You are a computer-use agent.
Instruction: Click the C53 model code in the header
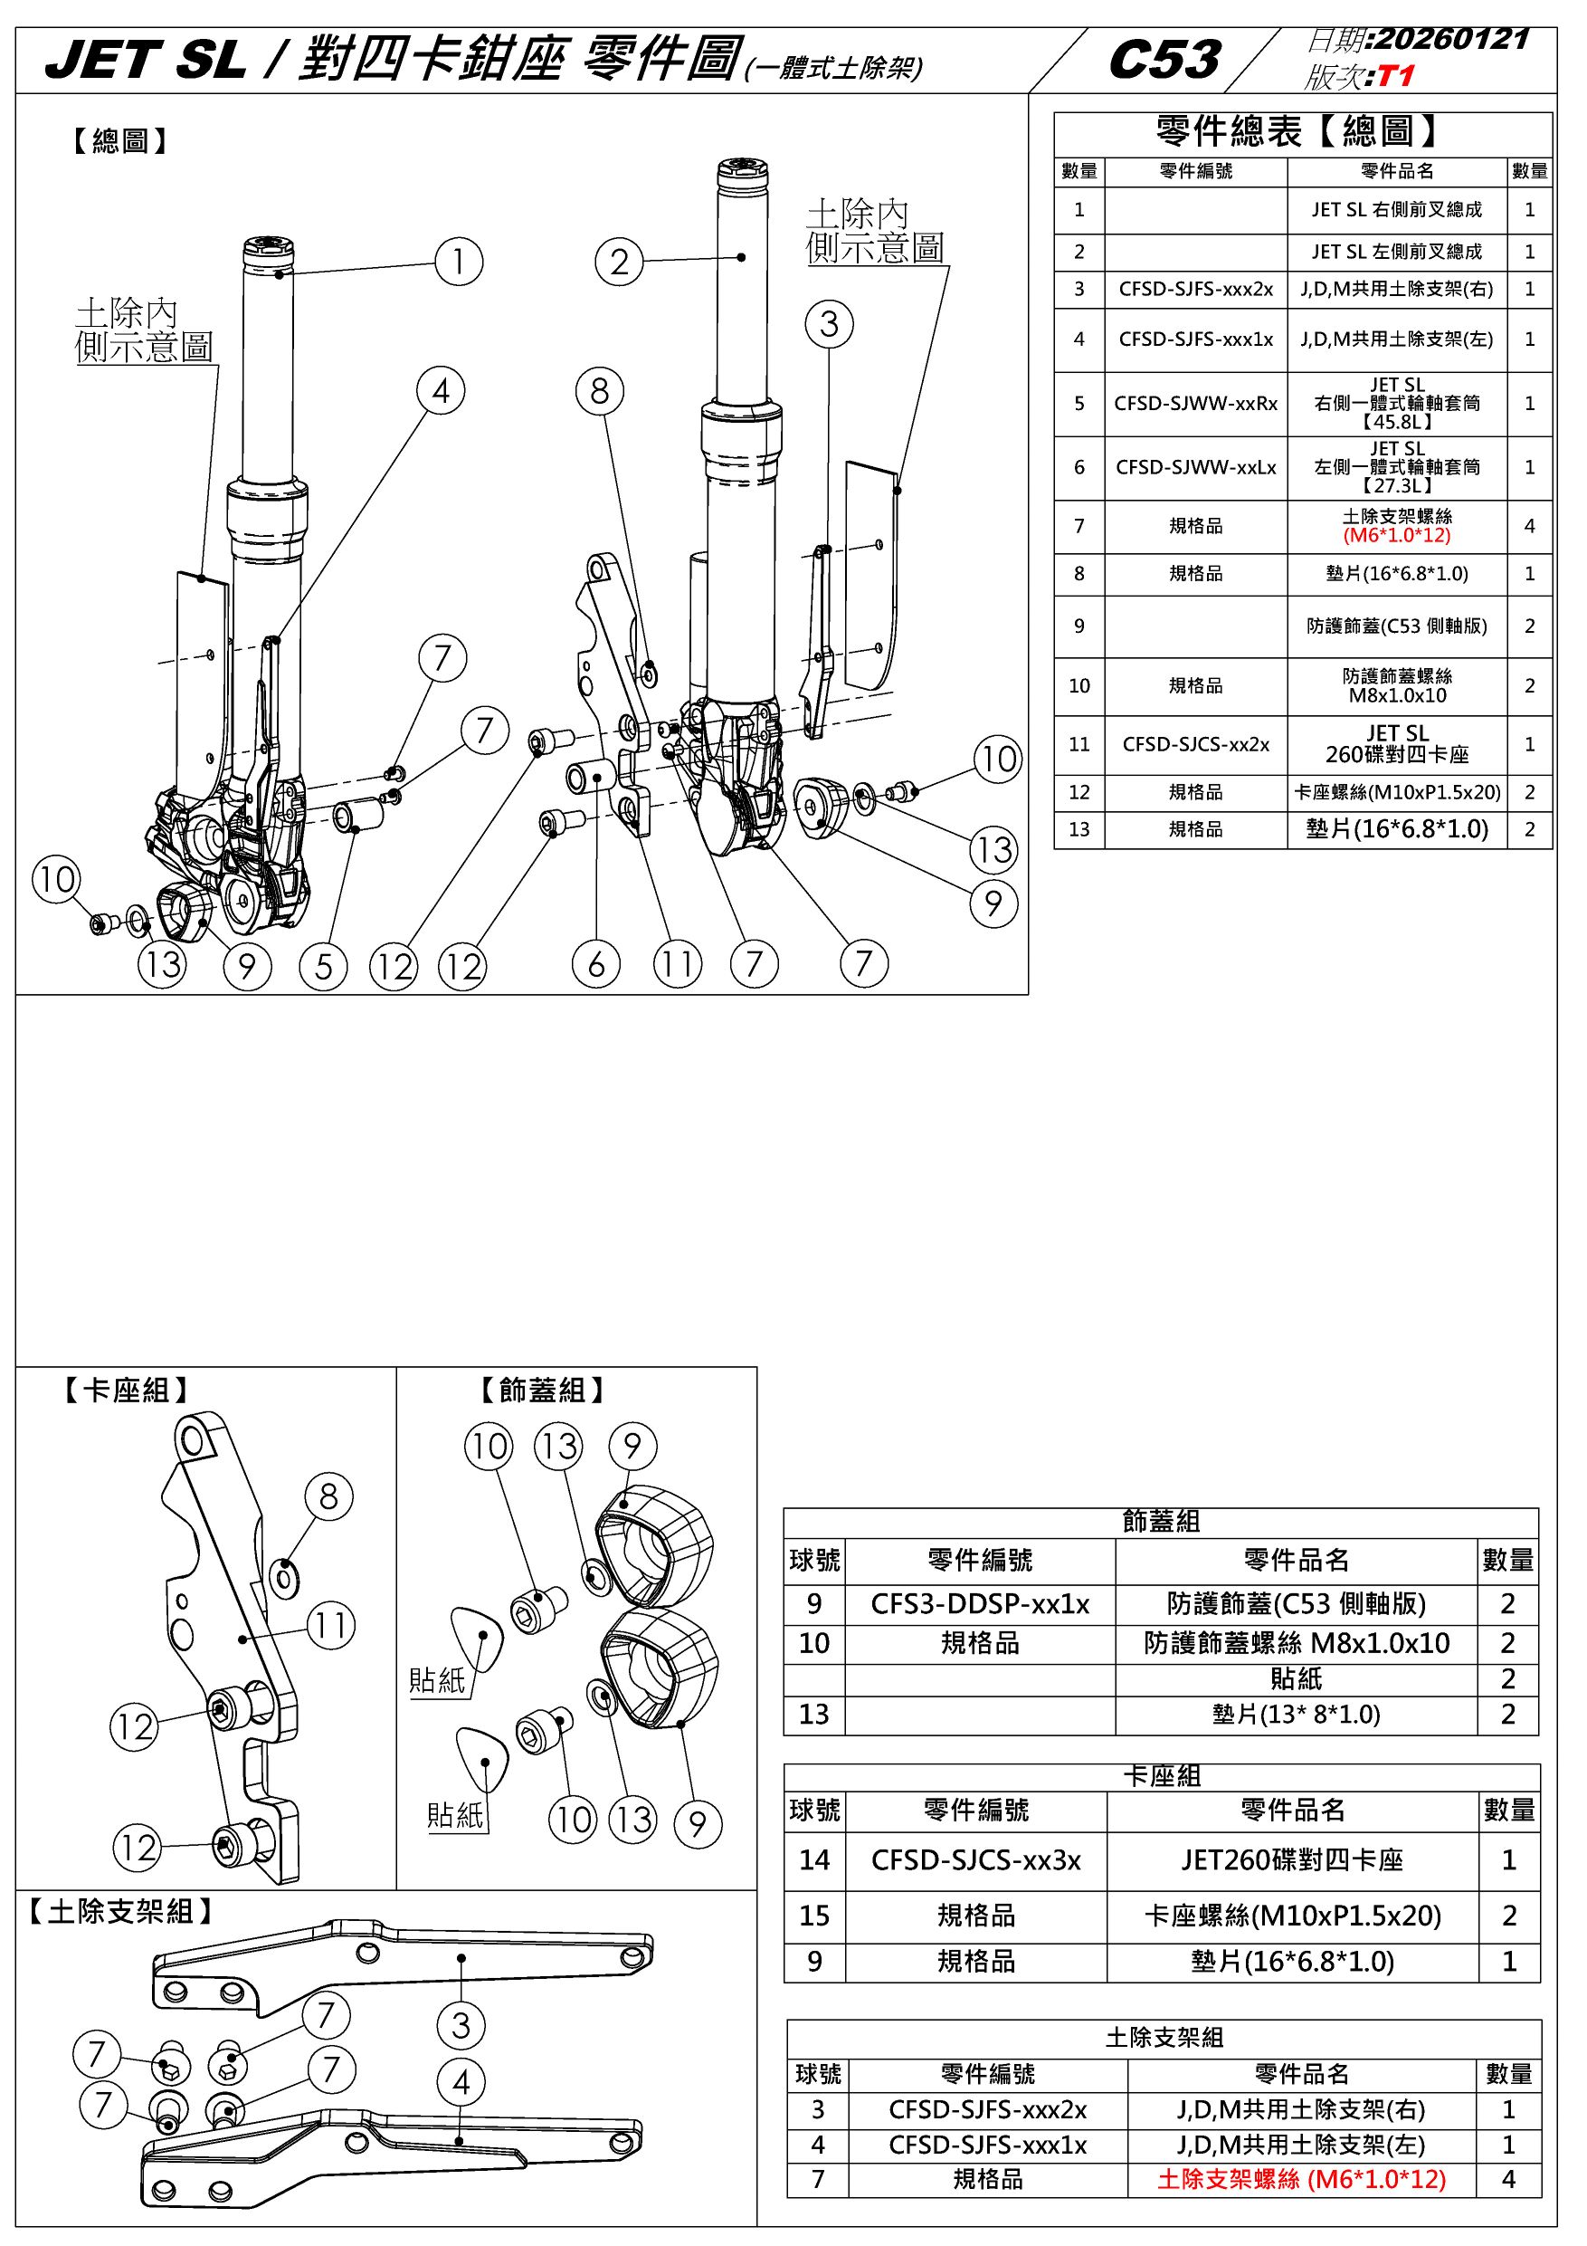[x=1164, y=60]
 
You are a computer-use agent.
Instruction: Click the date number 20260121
[x=1450, y=39]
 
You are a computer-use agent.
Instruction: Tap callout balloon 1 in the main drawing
[x=459, y=263]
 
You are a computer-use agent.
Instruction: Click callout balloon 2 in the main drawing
[x=619, y=263]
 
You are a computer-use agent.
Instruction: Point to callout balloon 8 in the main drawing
[x=599, y=391]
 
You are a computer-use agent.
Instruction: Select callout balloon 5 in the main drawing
[x=324, y=967]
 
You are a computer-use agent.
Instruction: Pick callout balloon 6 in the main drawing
[x=596, y=964]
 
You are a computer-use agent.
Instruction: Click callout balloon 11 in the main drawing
[x=678, y=964]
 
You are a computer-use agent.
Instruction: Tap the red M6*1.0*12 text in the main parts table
[x=1396, y=535]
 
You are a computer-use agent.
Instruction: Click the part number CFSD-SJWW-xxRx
[x=1195, y=403]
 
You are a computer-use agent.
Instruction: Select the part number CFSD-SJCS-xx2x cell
[x=1195, y=744]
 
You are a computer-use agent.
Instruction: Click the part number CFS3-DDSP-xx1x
[x=980, y=1604]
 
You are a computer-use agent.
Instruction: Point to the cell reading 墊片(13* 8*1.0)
[x=1296, y=1714]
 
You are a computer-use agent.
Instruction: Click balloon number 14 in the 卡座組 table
[x=814, y=1859]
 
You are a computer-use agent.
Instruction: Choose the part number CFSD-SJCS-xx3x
[x=976, y=1859]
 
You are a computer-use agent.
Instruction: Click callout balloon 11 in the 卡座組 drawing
[x=330, y=1626]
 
